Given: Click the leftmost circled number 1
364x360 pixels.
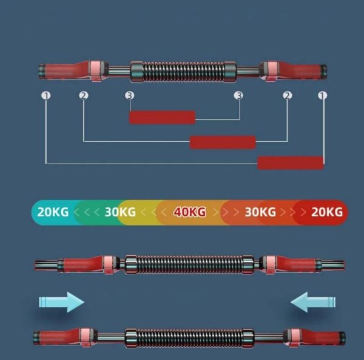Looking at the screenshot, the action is [46, 95].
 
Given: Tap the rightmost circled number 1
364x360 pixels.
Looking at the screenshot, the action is [323, 95].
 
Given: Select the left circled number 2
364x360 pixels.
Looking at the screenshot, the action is [84, 95].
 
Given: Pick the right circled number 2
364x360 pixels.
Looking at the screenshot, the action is [288, 95].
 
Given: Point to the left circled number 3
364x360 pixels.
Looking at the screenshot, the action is [130, 95].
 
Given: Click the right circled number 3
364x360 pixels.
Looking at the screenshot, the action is [238, 95].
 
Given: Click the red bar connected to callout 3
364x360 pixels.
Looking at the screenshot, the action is [162, 118].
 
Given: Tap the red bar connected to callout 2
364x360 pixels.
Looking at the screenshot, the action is [223, 142].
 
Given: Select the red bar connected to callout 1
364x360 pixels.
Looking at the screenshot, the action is [291, 163].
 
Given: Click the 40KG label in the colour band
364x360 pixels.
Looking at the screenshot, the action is [190, 212].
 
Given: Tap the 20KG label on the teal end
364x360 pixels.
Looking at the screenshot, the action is [53, 212].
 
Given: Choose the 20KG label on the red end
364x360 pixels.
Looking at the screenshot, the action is [327, 212].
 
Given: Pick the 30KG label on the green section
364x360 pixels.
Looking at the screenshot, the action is [120, 212].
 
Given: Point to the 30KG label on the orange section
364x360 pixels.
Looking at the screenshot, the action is [260, 212].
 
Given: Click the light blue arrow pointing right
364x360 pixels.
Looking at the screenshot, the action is [61, 302].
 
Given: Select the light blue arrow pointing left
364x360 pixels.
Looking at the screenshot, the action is [313, 302].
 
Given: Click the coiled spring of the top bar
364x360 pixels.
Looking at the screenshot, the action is [183, 72].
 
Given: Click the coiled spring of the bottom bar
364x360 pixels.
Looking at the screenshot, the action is [190, 338].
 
